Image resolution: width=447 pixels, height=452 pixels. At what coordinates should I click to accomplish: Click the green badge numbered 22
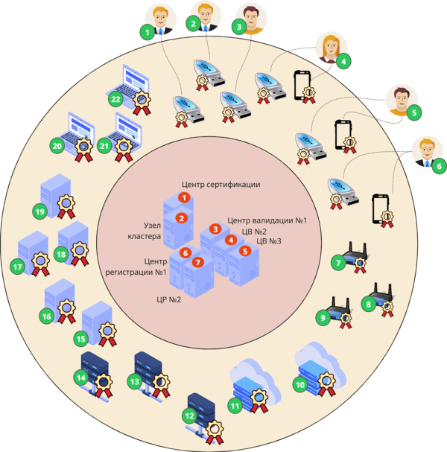pos(115,99)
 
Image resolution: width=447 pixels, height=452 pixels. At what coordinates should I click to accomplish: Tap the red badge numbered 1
pos(184,198)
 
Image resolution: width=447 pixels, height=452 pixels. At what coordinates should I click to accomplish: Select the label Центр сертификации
pos(221,185)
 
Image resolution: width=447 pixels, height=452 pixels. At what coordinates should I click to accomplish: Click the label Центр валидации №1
pos(267,220)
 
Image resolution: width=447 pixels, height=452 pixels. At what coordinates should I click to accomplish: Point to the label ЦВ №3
pos(269,241)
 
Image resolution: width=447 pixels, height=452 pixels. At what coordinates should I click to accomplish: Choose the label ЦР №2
pos(168,299)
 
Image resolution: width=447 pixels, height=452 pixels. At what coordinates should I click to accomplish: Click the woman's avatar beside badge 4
pos(331,47)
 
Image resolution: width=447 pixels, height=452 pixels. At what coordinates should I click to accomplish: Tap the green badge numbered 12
pos(189,416)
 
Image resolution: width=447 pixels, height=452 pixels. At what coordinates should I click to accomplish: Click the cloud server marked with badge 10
pos(320,369)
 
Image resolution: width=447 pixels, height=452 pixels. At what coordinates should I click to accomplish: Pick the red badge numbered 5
pos(245,251)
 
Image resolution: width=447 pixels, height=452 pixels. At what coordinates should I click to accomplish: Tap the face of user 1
pos(161,17)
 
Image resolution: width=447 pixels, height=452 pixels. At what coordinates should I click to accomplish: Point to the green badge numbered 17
pos(17,267)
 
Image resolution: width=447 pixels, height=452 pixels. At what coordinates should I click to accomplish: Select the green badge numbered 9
pos(323,318)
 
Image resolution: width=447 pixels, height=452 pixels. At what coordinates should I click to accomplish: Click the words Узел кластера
pos(145,231)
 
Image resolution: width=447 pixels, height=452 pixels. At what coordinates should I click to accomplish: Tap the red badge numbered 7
pos(198,262)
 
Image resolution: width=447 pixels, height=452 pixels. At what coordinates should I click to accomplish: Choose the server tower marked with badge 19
pos(56,196)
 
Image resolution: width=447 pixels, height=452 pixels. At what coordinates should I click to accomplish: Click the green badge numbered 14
pos(81,378)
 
